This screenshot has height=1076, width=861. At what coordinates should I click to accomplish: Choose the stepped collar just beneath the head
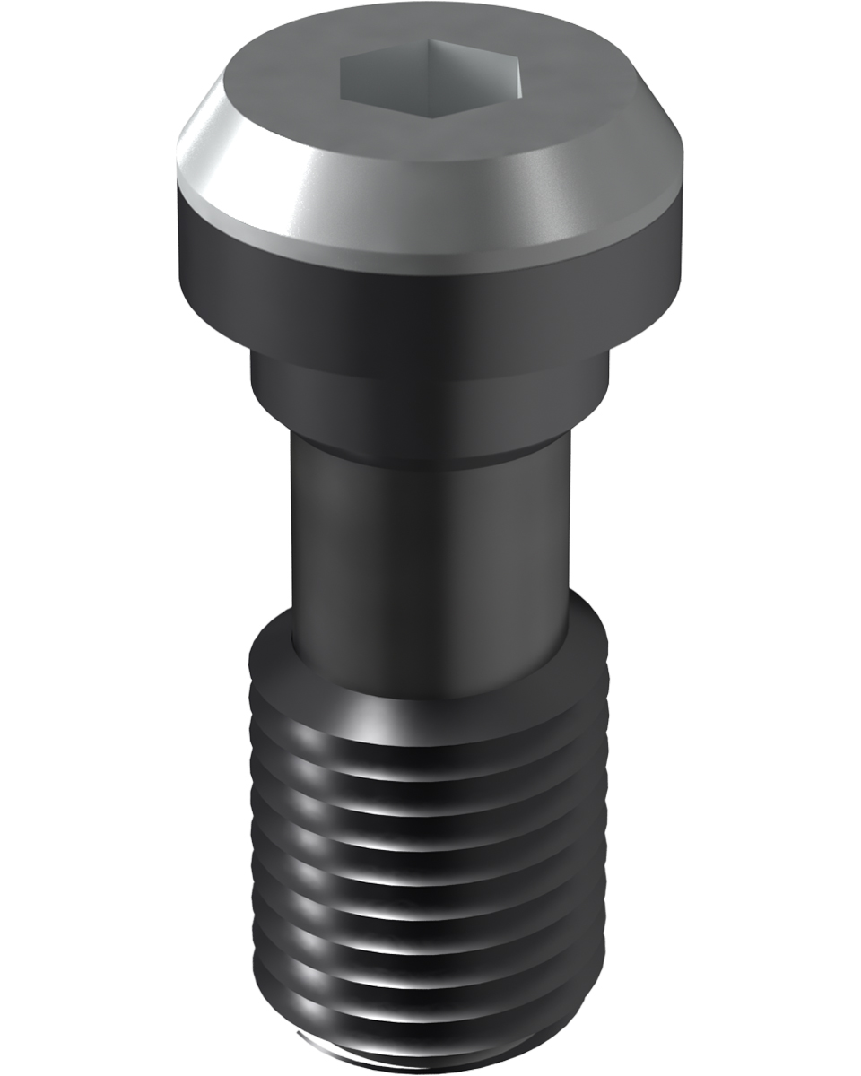430,395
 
